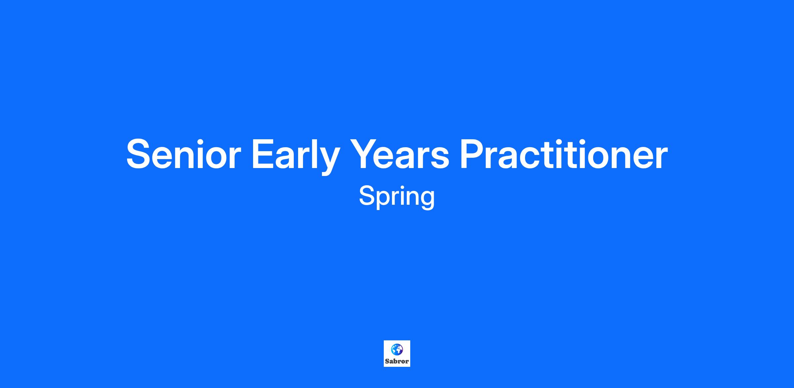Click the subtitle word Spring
pyautogui.click(x=397, y=197)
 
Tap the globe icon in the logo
pyautogui.click(x=397, y=349)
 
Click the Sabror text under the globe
pyautogui.click(x=397, y=361)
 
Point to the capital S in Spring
pyautogui.click(x=368, y=195)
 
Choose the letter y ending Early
pyautogui.click(x=329, y=161)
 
